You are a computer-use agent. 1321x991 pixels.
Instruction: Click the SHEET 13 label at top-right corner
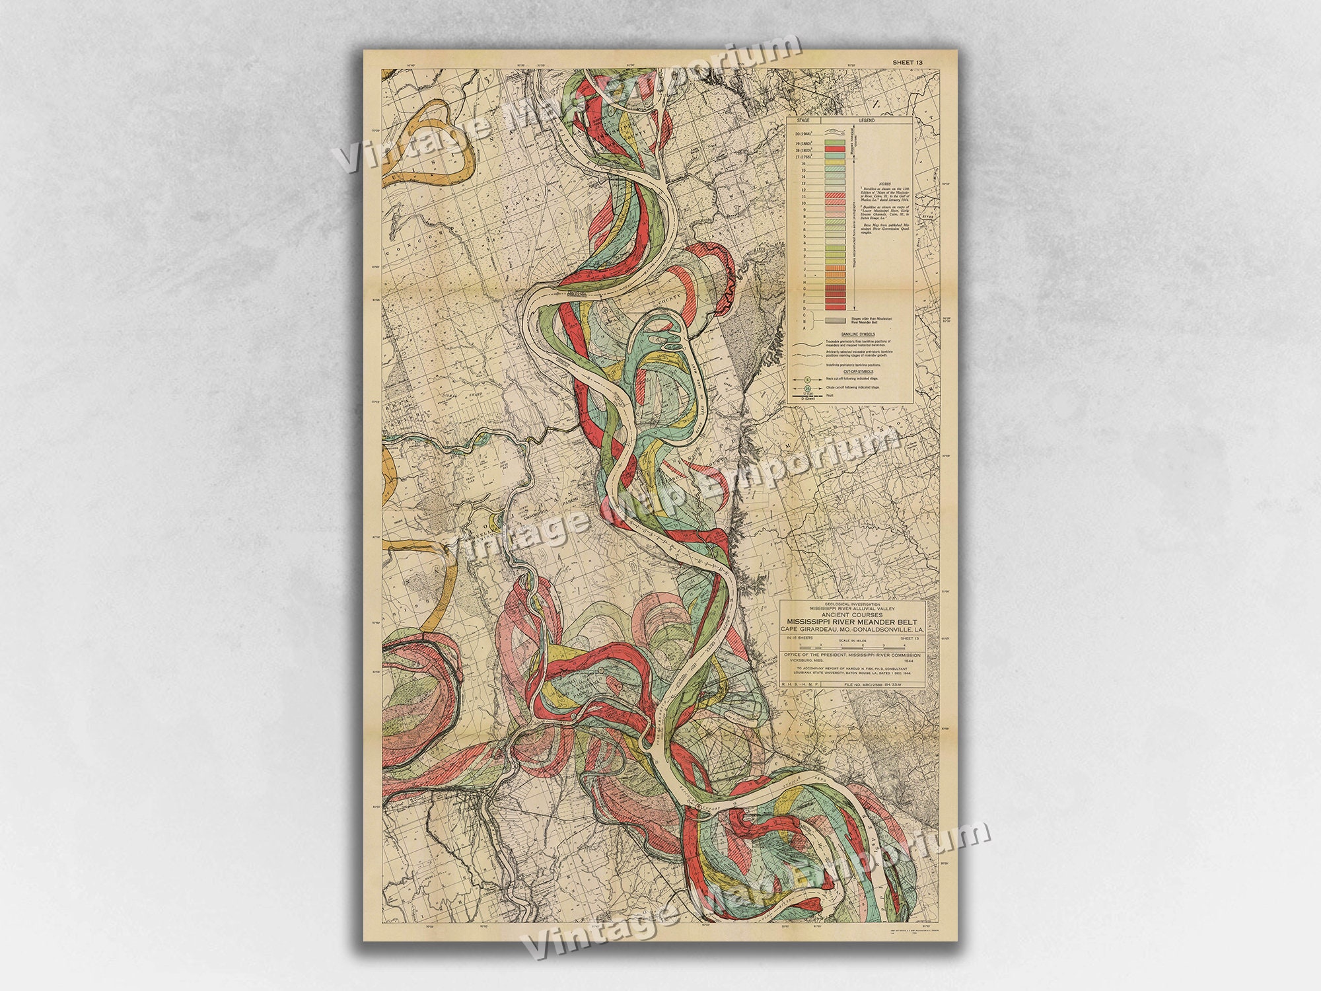[907, 62]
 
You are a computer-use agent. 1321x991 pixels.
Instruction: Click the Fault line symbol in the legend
[807, 396]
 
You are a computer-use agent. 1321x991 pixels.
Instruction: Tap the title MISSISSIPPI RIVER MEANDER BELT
[852, 622]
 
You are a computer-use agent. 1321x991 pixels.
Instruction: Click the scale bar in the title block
[852, 648]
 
